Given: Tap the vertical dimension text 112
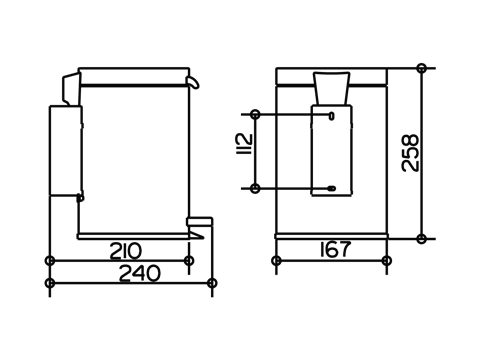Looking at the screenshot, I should [240, 151].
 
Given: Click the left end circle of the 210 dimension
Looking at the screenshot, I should [49, 260].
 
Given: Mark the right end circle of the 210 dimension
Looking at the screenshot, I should [189, 260].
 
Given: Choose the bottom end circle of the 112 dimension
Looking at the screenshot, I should [257, 187].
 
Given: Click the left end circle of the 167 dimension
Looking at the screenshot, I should [276, 260].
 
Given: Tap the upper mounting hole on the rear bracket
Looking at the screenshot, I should [331, 116].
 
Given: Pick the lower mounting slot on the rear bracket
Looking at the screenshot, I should [331, 187].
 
